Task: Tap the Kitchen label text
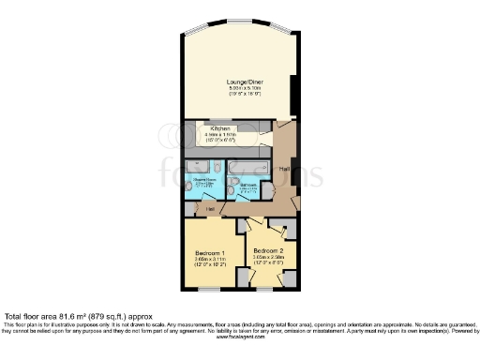tap(220, 128)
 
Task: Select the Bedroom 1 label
tap(209, 254)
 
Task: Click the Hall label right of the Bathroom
tap(282, 169)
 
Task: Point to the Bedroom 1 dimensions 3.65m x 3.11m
tap(209, 261)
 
